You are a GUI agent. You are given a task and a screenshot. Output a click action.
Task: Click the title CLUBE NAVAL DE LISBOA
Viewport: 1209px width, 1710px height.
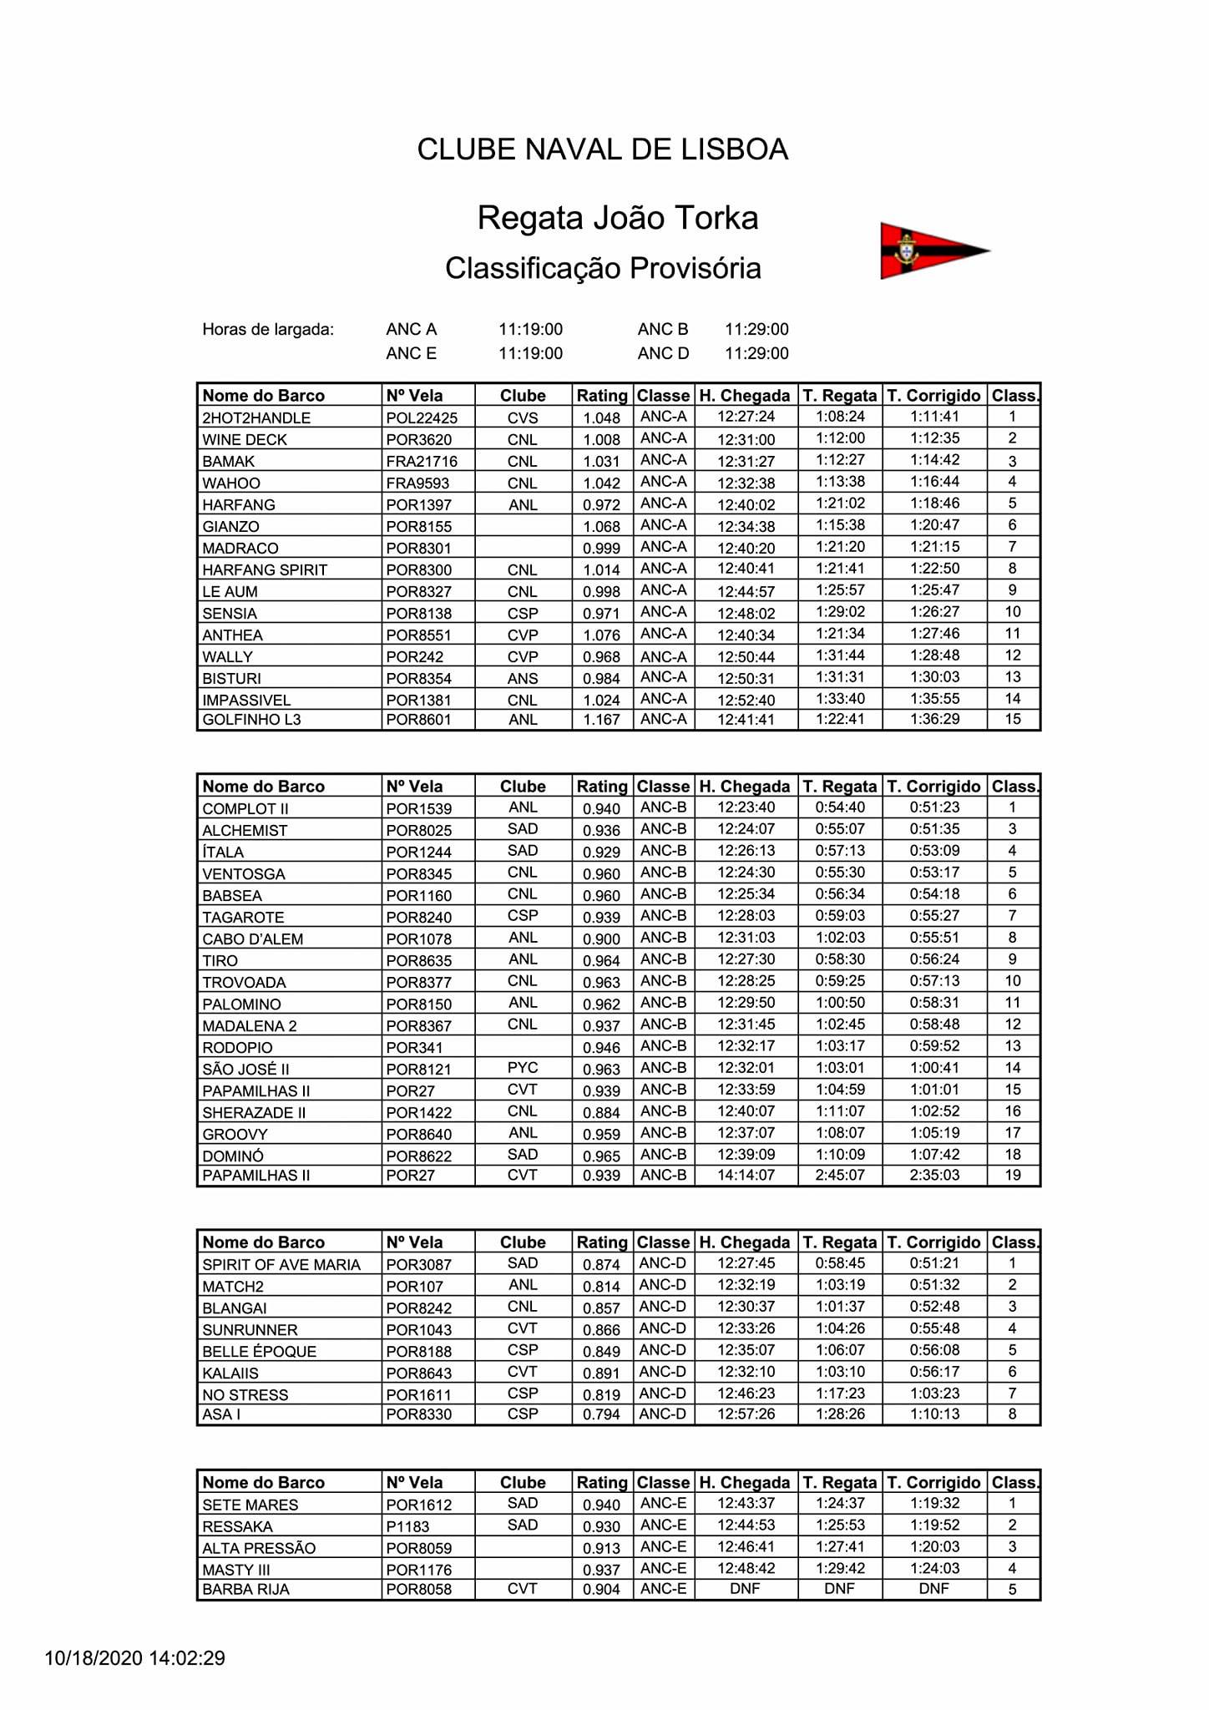pyautogui.click(x=602, y=149)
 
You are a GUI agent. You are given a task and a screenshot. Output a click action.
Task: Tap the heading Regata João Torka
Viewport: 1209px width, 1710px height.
pyautogui.click(x=617, y=218)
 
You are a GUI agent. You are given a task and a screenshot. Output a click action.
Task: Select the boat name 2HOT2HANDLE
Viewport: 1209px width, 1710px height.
pyautogui.click(x=256, y=418)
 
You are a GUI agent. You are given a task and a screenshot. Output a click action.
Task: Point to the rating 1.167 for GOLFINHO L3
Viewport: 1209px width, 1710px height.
pyautogui.click(x=601, y=720)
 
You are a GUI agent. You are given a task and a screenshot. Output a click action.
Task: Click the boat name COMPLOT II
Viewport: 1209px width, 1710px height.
pyautogui.click(x=245, y=809)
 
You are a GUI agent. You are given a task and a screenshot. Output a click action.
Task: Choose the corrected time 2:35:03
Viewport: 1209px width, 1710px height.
pyautogui.click(x=934, y=1176)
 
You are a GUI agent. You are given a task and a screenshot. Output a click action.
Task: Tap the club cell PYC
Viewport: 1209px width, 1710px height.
pyautogui.click(x=523, y=1069)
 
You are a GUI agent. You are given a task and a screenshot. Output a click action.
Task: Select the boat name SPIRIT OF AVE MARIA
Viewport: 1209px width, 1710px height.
pyautogui.click(x=281, y=1265)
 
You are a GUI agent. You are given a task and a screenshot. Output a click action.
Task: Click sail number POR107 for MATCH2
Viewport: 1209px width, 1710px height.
pyautogui.click(x=415, y=1287)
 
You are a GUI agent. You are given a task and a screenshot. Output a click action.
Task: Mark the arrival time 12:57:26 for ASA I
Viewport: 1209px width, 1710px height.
pyautogui.click(x=746, y=1414)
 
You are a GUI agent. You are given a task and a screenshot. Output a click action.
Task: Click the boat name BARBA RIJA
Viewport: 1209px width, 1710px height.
pyautogui.click(x=245, y=1590)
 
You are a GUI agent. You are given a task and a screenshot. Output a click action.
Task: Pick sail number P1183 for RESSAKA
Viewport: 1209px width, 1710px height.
pyautogui.click(x=407, y=1527)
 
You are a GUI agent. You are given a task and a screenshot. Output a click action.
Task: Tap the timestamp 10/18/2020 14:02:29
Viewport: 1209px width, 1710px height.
pyautogui.click(x=134, y=1658)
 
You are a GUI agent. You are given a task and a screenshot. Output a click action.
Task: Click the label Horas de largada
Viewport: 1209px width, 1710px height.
pyautogui.click(x=268, y=330)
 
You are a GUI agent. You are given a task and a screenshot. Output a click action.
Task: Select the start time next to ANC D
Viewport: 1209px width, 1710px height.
pyautogui.click(x=756, y=354)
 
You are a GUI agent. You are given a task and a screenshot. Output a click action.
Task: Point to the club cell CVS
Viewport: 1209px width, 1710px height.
pyautogui.click(x=523, y=418)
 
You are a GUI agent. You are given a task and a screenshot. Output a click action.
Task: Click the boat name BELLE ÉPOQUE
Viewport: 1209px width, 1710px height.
pyautogui.click(x=259, y=1352)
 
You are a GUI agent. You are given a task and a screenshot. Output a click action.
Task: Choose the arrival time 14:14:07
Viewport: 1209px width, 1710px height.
pyautogui.click(x=746, y=1176)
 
